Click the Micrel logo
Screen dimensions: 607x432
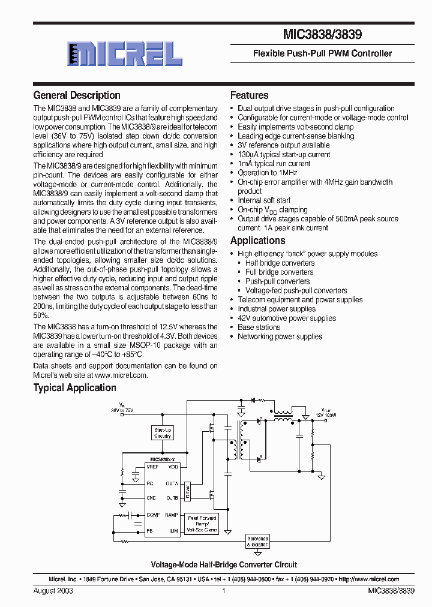pos(125,53)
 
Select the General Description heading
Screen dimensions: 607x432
pos(77,95)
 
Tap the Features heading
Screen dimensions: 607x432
pos(249,95)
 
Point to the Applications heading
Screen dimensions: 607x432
pos(258,241)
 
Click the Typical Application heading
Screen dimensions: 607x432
pos(74,387)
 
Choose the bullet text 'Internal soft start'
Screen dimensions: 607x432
pos(264,200)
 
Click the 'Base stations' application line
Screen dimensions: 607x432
pos(259,327)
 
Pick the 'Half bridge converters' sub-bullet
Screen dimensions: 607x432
pos(280,263)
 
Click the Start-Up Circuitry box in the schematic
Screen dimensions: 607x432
pos(163,433)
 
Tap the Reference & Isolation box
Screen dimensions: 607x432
pos(258,541)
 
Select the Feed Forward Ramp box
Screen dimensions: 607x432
pos(202,523)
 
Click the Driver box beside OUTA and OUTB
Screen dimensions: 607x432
pos(188,490)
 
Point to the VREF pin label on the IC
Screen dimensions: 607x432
pos(152,466)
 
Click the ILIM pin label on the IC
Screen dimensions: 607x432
pos(173,531)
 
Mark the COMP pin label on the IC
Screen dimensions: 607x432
pos(153,515)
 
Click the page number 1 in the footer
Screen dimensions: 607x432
pos(223,591)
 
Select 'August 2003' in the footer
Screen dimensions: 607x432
pos(53,591)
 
